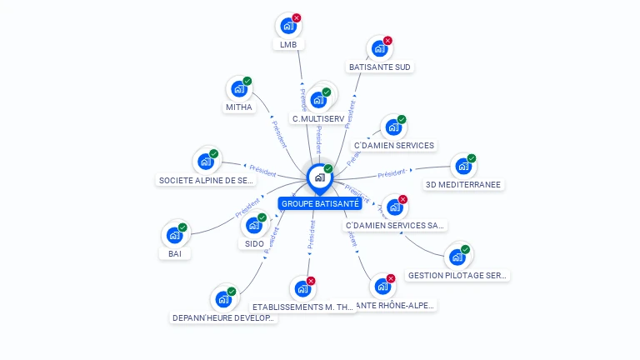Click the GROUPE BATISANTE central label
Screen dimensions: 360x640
(x=320, y=203)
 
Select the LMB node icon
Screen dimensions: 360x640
(x=288, y=26)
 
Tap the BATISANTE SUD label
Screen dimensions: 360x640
(x=379, y=67)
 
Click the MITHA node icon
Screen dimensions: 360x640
(x=239, y=89)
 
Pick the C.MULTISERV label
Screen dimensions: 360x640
(x=318, y=118)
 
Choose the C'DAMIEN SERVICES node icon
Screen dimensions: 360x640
(x=393, y=127)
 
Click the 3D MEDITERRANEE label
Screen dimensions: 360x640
(x=463, y=185)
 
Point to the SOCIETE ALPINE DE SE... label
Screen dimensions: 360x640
(x=206, y=180)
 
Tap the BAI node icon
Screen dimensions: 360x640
(x=174, y=235)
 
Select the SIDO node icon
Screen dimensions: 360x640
(x=254, y=225)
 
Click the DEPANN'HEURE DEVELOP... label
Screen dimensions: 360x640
(x=222, y=317)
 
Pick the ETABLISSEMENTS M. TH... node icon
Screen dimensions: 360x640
(x=302, y=289)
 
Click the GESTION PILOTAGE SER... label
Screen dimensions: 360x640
(x=457, y=275)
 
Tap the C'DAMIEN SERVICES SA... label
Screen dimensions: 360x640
(x=395, y=225)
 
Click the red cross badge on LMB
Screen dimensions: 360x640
(x=297, y=17)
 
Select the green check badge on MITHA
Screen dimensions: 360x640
(x=247, y=81)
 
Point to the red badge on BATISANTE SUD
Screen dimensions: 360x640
(x=387, y=40)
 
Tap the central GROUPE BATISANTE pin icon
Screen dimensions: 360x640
(x=319, y=177)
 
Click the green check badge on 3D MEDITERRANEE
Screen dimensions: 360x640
(x=472, y=158)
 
